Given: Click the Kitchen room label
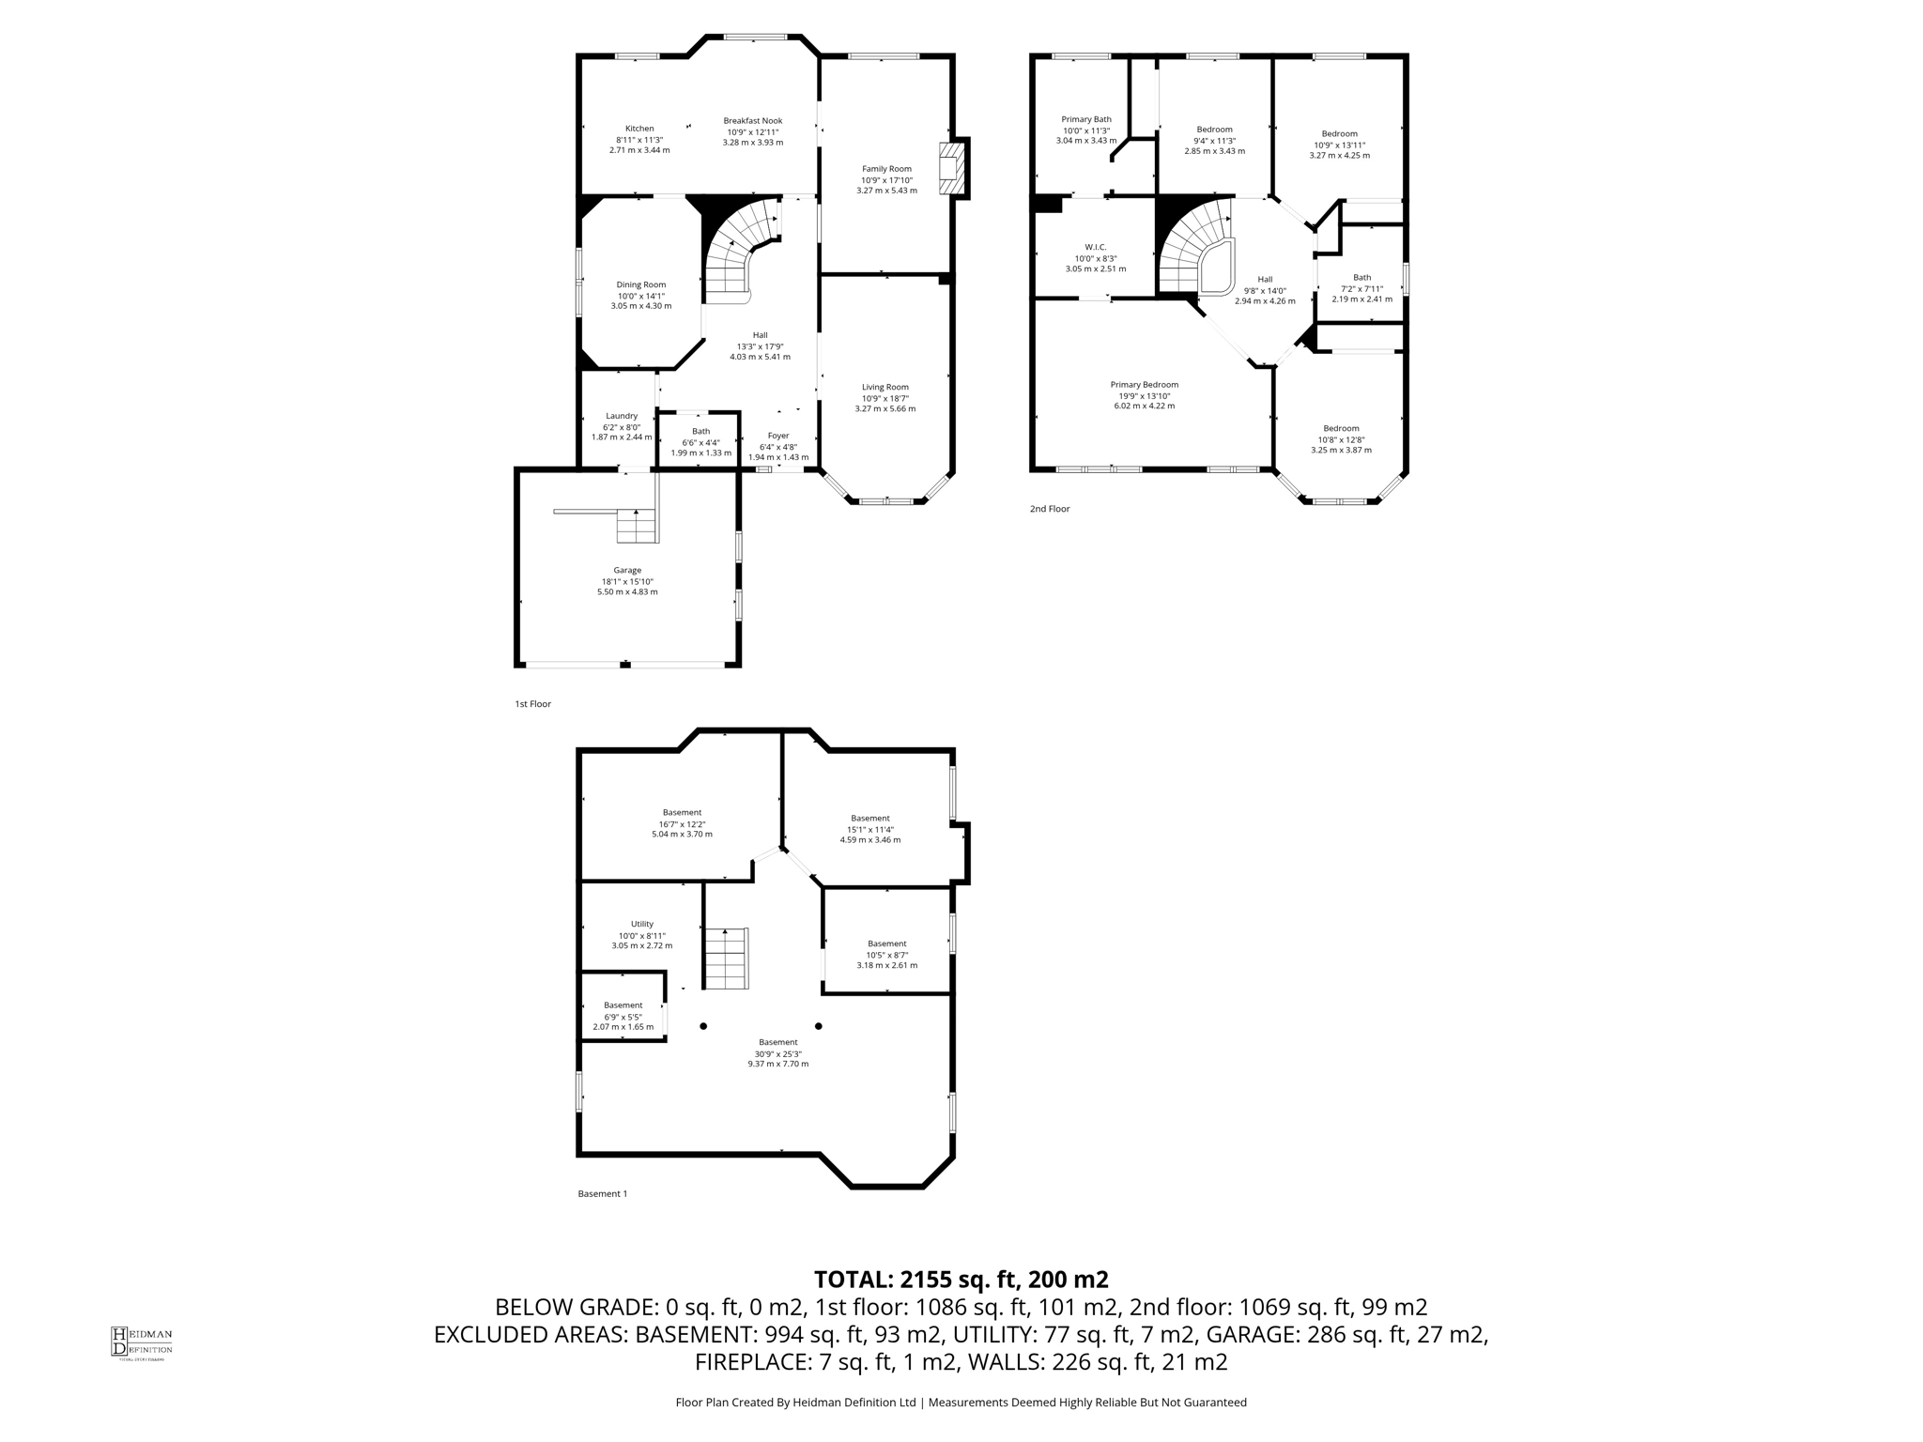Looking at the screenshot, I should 639,129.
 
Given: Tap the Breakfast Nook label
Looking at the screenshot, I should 752,120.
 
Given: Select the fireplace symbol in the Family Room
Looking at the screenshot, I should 953,168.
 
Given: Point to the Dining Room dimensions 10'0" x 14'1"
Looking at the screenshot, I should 641,296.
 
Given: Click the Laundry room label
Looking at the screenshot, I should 622,416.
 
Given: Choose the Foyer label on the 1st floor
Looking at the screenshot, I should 777,436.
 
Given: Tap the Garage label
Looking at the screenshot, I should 627,570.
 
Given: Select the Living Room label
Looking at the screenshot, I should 885,387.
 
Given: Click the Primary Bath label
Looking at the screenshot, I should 1086,119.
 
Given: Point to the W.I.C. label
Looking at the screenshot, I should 1095,247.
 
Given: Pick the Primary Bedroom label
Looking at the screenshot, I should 1144,384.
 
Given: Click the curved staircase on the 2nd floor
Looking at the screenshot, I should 1192,249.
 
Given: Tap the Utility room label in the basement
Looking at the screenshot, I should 641,924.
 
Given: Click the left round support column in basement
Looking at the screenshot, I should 703,1026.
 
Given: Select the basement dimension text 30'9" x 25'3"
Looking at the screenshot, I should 777,1053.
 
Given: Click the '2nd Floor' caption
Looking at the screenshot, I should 1049,509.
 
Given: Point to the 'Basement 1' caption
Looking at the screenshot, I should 602,1194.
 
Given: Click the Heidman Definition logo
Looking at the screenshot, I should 141,1342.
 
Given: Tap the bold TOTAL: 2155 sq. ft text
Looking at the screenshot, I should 961,1280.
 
